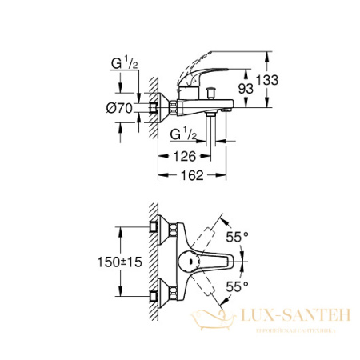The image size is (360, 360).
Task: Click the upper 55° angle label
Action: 238,238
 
